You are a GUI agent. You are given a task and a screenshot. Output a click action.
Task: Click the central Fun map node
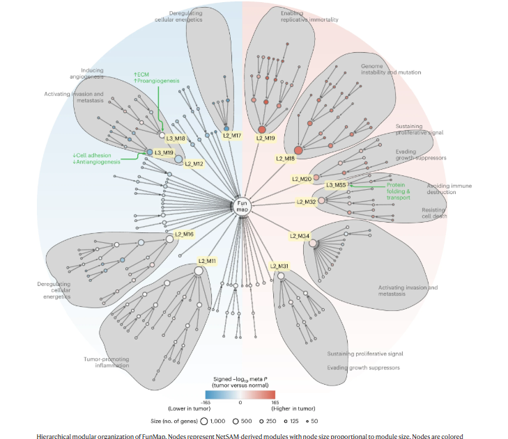click(241, 205)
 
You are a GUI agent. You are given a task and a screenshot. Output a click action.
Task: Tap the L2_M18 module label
click(286, 159)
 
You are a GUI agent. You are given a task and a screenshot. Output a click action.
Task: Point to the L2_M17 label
click(232, 135)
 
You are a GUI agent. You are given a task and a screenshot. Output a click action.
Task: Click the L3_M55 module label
click(336, 184)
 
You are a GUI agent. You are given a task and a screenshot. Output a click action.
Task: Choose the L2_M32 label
click(306, 202)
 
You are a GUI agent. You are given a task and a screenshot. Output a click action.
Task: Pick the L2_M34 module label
click(300, 236)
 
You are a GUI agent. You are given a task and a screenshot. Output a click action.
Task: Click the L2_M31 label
click(279, 266)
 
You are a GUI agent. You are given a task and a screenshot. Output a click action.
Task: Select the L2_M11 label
click(207, 261)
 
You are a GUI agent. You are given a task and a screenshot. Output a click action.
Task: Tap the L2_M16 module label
click(184, 234)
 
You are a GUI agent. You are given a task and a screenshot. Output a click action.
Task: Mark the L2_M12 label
click(194, 163)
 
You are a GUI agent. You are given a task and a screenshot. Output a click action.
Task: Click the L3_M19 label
click(164, 152)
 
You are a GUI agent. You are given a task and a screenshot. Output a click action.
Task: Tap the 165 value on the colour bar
click(275, 401)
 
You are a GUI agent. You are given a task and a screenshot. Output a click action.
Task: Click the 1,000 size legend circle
click(204, 420)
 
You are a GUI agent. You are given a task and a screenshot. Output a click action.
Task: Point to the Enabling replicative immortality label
click(309, 16)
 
